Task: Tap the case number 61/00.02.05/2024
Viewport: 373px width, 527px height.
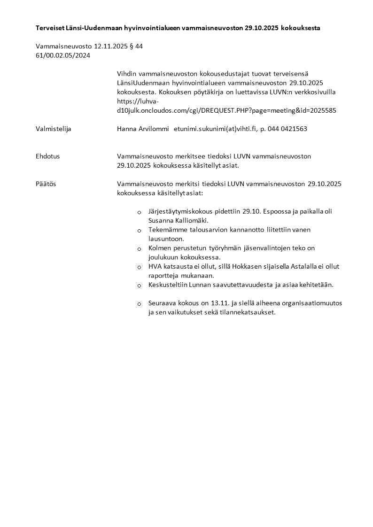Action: pyautogui.click(x=63, y=55)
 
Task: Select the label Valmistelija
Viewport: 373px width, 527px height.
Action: pyautogui.click(x=54, y=129)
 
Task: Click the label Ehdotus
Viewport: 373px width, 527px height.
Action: pyautogui.click(x=47, y=156)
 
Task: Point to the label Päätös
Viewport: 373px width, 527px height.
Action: pyautogui.click(x=46, y=184)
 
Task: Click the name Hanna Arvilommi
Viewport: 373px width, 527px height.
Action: pyautogui.click(x=143, y=129)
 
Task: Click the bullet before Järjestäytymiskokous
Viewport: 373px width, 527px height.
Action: pyautogui.click(x=139, y=213)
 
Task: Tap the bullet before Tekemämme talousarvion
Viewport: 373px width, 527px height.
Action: pyautogui.click(x=139, y=231)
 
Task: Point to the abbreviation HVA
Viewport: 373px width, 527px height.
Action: pyautogui.click(x=155, y=266)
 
